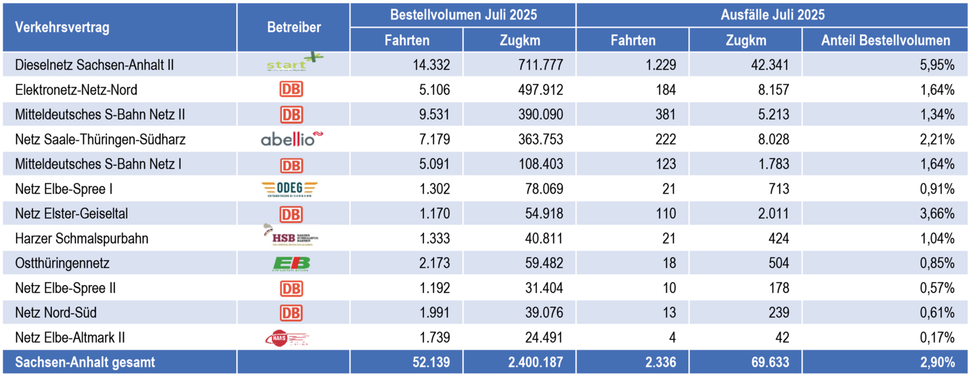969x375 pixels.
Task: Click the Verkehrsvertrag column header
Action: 62,28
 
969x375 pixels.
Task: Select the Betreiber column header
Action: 294,28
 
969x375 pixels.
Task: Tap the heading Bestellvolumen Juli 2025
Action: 463,14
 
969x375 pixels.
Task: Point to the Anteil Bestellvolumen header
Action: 886,40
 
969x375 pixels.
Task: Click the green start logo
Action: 293,64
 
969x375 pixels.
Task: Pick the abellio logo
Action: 292,140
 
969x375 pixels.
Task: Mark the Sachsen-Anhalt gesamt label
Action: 85,362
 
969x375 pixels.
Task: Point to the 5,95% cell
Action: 938,65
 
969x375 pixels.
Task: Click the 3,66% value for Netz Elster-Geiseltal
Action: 938,214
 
